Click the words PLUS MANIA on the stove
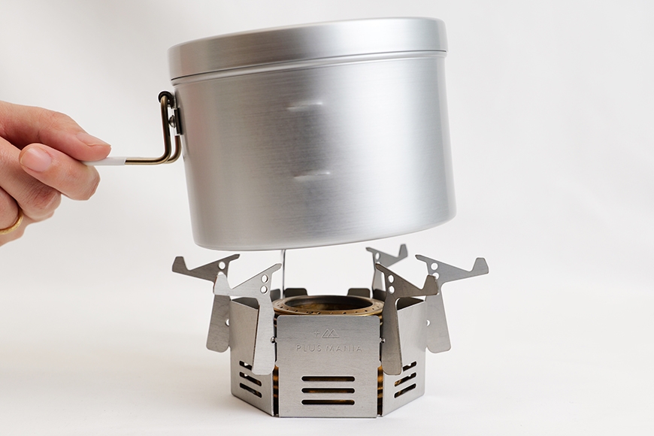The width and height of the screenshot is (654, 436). coord(329,347)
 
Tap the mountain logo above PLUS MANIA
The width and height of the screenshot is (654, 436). coord(328,333)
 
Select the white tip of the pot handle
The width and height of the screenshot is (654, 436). coord(105,162)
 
